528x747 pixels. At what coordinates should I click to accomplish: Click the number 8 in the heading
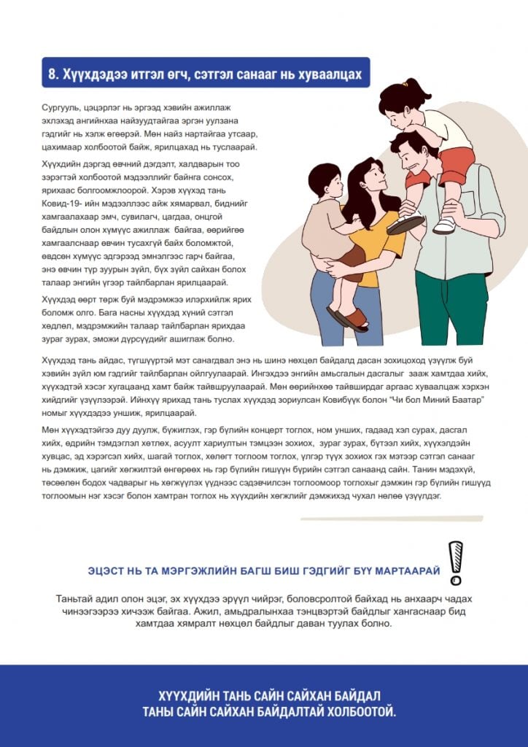53,74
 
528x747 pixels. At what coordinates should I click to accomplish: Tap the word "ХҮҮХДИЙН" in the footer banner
193,695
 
